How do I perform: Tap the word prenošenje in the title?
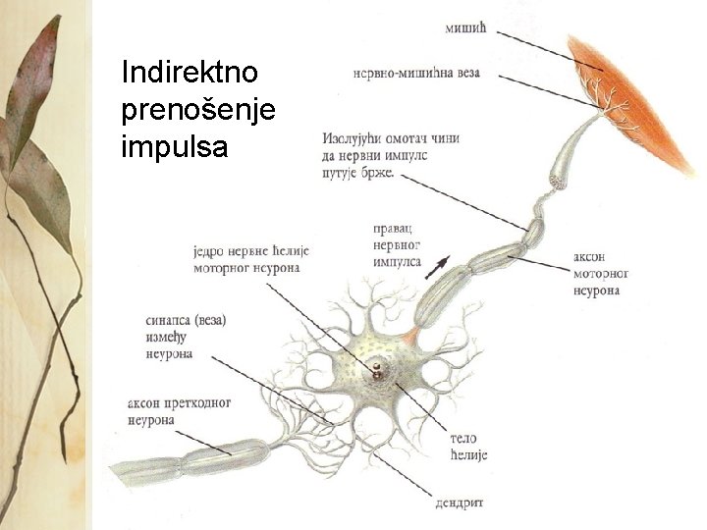point(197,109)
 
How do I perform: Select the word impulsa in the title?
point(173,147)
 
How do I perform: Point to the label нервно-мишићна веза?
point(422,71)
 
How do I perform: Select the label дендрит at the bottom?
point(460,503)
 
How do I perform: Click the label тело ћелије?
point(467,447)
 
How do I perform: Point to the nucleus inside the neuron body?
point(377,372)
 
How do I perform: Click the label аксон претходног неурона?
point(178,411)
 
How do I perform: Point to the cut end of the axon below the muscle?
point(561,182)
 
